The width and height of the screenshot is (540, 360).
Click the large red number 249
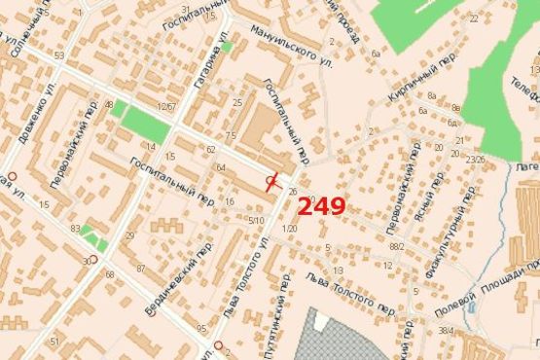[x=321, y=205]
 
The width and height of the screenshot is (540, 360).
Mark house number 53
[x=59, y=55]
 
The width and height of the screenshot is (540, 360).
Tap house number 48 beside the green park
[x=109, y=104]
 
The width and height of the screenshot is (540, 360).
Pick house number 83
[x=75, y=229]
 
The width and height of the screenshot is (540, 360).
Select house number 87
[x=141, y=268]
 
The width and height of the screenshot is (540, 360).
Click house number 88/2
[x=396, y=247]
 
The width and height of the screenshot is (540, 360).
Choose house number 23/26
[x=475, y=159]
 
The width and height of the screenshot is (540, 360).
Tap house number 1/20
[x=289, y=229]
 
